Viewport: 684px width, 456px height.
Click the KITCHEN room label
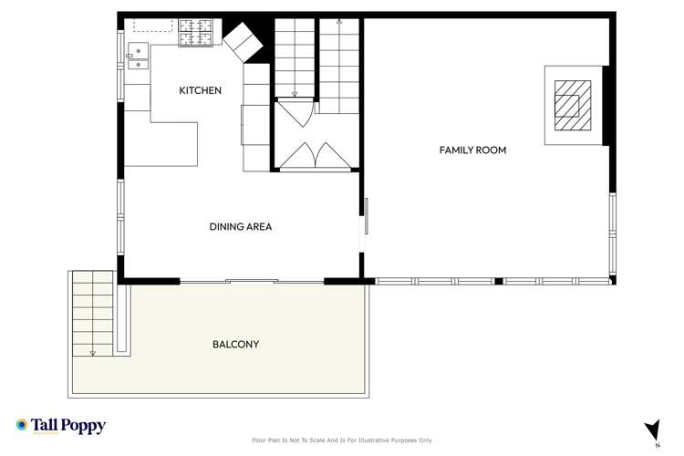tap(200, 90)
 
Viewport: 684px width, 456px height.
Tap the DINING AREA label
tap(241, 227)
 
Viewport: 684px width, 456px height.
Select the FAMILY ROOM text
tap(472, 150)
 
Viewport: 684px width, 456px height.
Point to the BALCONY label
tap(235, 345)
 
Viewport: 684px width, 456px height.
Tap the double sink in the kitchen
tap(138, 56)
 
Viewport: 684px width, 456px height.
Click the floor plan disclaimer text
tap(341, 440)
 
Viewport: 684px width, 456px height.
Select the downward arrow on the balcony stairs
tap(93, 351)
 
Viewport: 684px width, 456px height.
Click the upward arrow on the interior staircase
tap(339, 20)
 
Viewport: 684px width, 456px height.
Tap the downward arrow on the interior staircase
tap(295, 92)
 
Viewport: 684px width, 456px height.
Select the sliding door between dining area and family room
tap(367, 218)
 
